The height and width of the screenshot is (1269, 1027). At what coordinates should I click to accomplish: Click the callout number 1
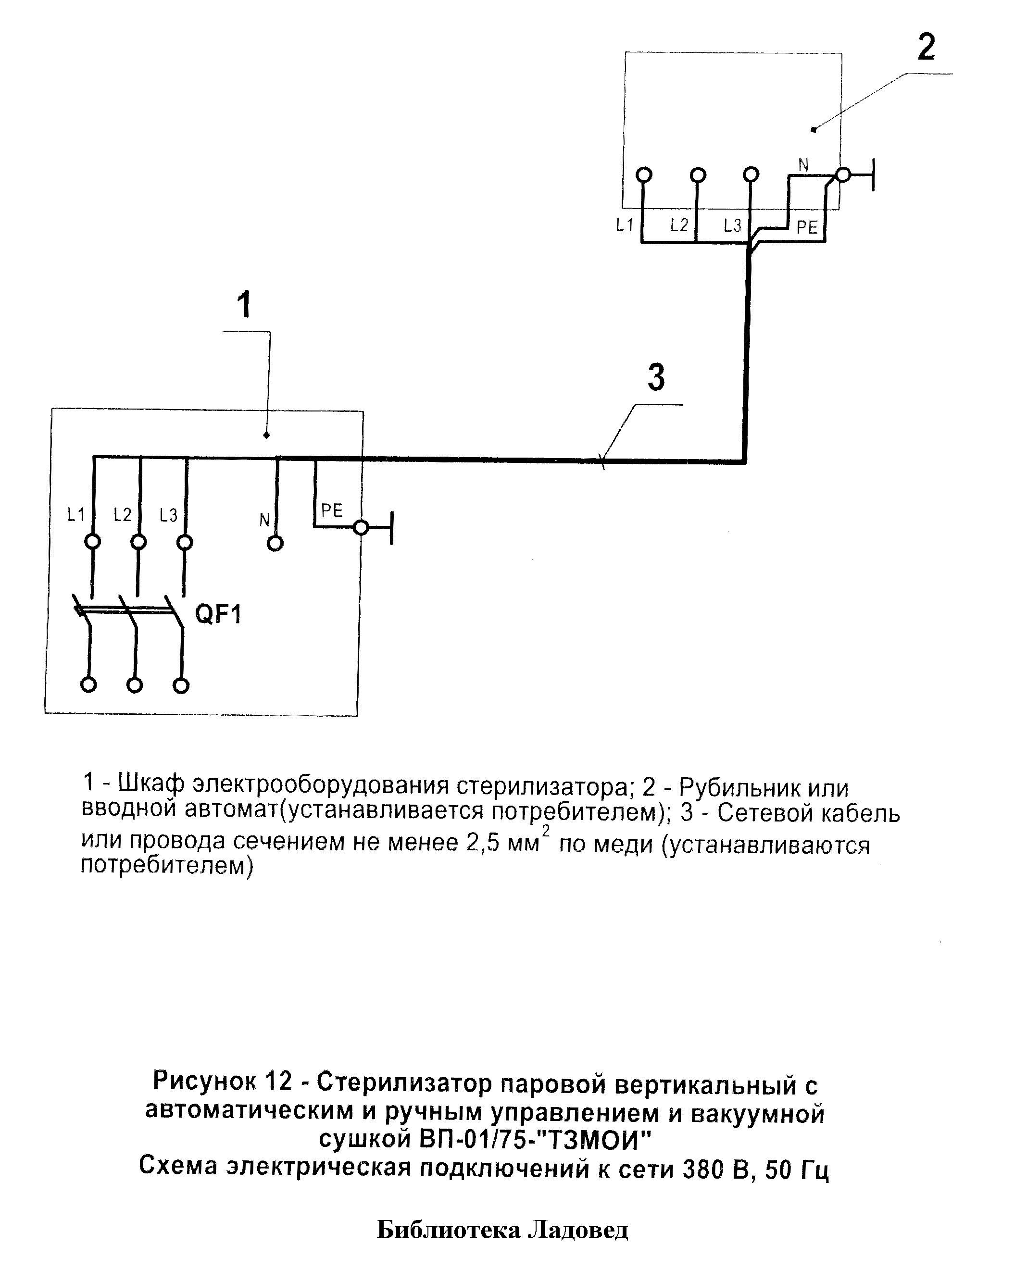point(244,305)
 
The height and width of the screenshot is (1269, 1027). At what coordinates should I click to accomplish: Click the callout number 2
point(926,47)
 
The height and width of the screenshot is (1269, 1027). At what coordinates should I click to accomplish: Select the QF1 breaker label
point(218,615)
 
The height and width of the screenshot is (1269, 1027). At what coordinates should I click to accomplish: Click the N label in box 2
point(803,165)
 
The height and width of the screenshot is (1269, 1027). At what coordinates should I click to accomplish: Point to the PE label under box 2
point(807,227)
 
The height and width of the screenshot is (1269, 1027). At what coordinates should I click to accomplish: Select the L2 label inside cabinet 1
point(123,515)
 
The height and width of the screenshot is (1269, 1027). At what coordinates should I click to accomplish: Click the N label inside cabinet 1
point(264,520)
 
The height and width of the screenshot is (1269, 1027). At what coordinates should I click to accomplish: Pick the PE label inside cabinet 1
point(332,510)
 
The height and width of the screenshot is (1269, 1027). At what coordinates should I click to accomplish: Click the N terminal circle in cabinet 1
point(275,544)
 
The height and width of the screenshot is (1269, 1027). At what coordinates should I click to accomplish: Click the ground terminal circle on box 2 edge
point(843,175)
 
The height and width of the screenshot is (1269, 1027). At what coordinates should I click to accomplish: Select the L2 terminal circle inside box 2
point(698,175)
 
